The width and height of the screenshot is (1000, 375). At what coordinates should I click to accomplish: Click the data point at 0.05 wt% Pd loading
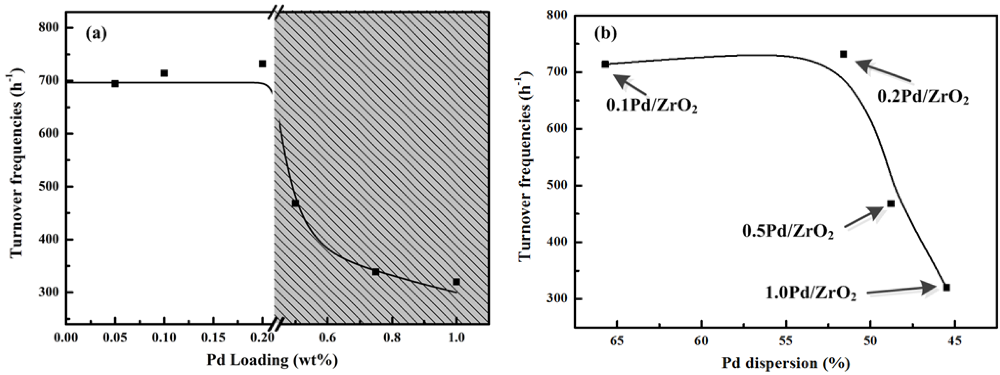pos(115,84)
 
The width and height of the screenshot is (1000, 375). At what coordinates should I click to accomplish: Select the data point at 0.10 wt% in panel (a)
pos(164,73)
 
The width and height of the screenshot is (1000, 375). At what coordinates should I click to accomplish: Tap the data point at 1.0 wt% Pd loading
pos(456,282)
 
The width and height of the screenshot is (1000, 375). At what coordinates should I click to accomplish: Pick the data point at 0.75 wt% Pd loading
pos(375,272)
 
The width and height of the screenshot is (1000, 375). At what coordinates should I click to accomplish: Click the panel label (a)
pos(96,34)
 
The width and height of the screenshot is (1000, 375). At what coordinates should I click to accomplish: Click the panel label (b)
pos(606,34)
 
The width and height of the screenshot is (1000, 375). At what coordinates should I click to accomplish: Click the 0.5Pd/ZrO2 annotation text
pos(788,232)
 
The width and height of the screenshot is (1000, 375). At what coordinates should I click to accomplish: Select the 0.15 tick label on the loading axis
pos(213,338)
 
